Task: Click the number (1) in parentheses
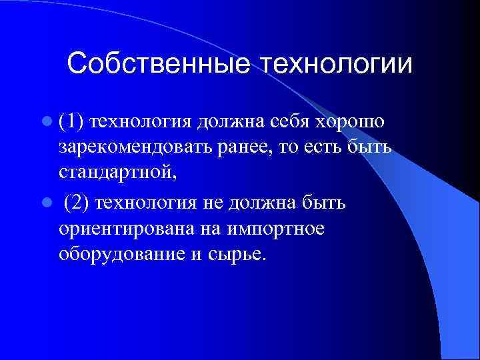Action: point(71,122)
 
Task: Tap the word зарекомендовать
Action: point(135,149)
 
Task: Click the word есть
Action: point(321,149)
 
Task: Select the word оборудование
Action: point(119,255)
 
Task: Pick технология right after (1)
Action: point(139,122)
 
